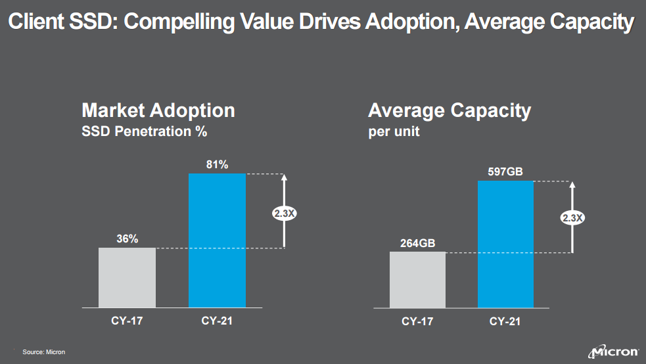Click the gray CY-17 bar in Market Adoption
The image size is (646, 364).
point(127,277)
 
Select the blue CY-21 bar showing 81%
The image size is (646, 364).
point(217,240)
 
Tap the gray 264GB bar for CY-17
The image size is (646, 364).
point(417,279)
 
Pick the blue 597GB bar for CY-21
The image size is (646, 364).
point(505,244)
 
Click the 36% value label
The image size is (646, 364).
point(127,239)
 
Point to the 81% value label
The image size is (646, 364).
point(217,165)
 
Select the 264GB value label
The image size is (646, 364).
point(417,244)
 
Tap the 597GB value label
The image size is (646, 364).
point(505,172)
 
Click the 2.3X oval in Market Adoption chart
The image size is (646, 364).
point(283,213)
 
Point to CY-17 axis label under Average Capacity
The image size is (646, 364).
point(417,322)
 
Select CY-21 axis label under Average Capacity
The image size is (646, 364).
point(505,322)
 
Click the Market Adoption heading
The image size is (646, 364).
point(158,110)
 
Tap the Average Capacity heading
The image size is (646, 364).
point(450,110)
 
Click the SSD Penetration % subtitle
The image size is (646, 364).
point(144,131)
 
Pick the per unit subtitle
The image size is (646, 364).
point(394,131)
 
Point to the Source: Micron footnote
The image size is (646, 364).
point(44,353)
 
